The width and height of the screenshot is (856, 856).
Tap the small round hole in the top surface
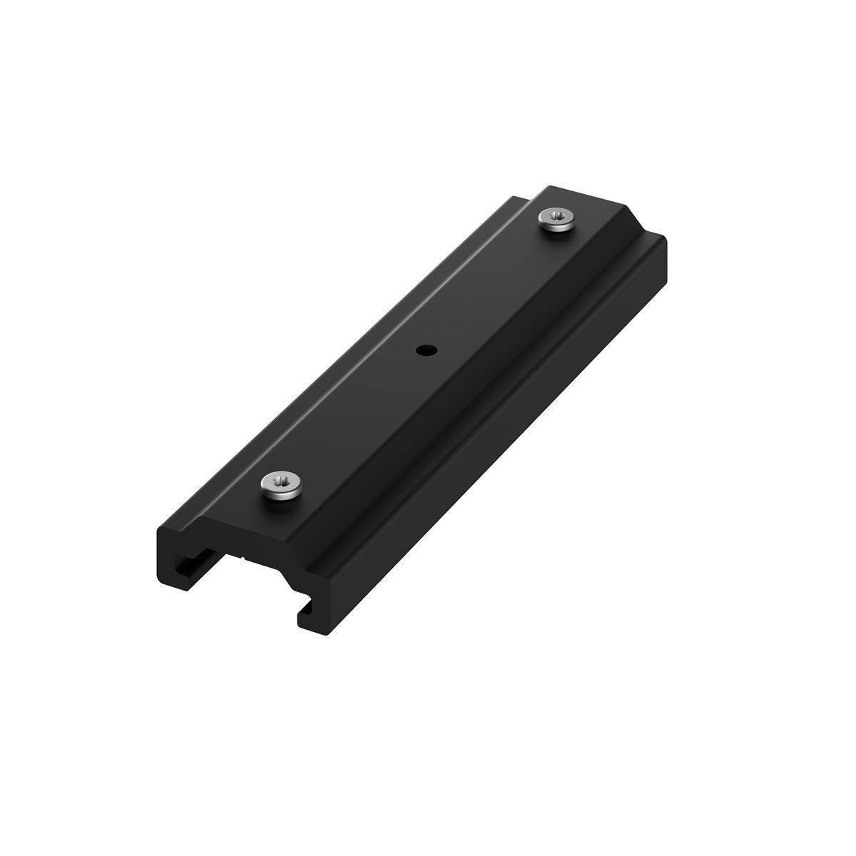425,350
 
